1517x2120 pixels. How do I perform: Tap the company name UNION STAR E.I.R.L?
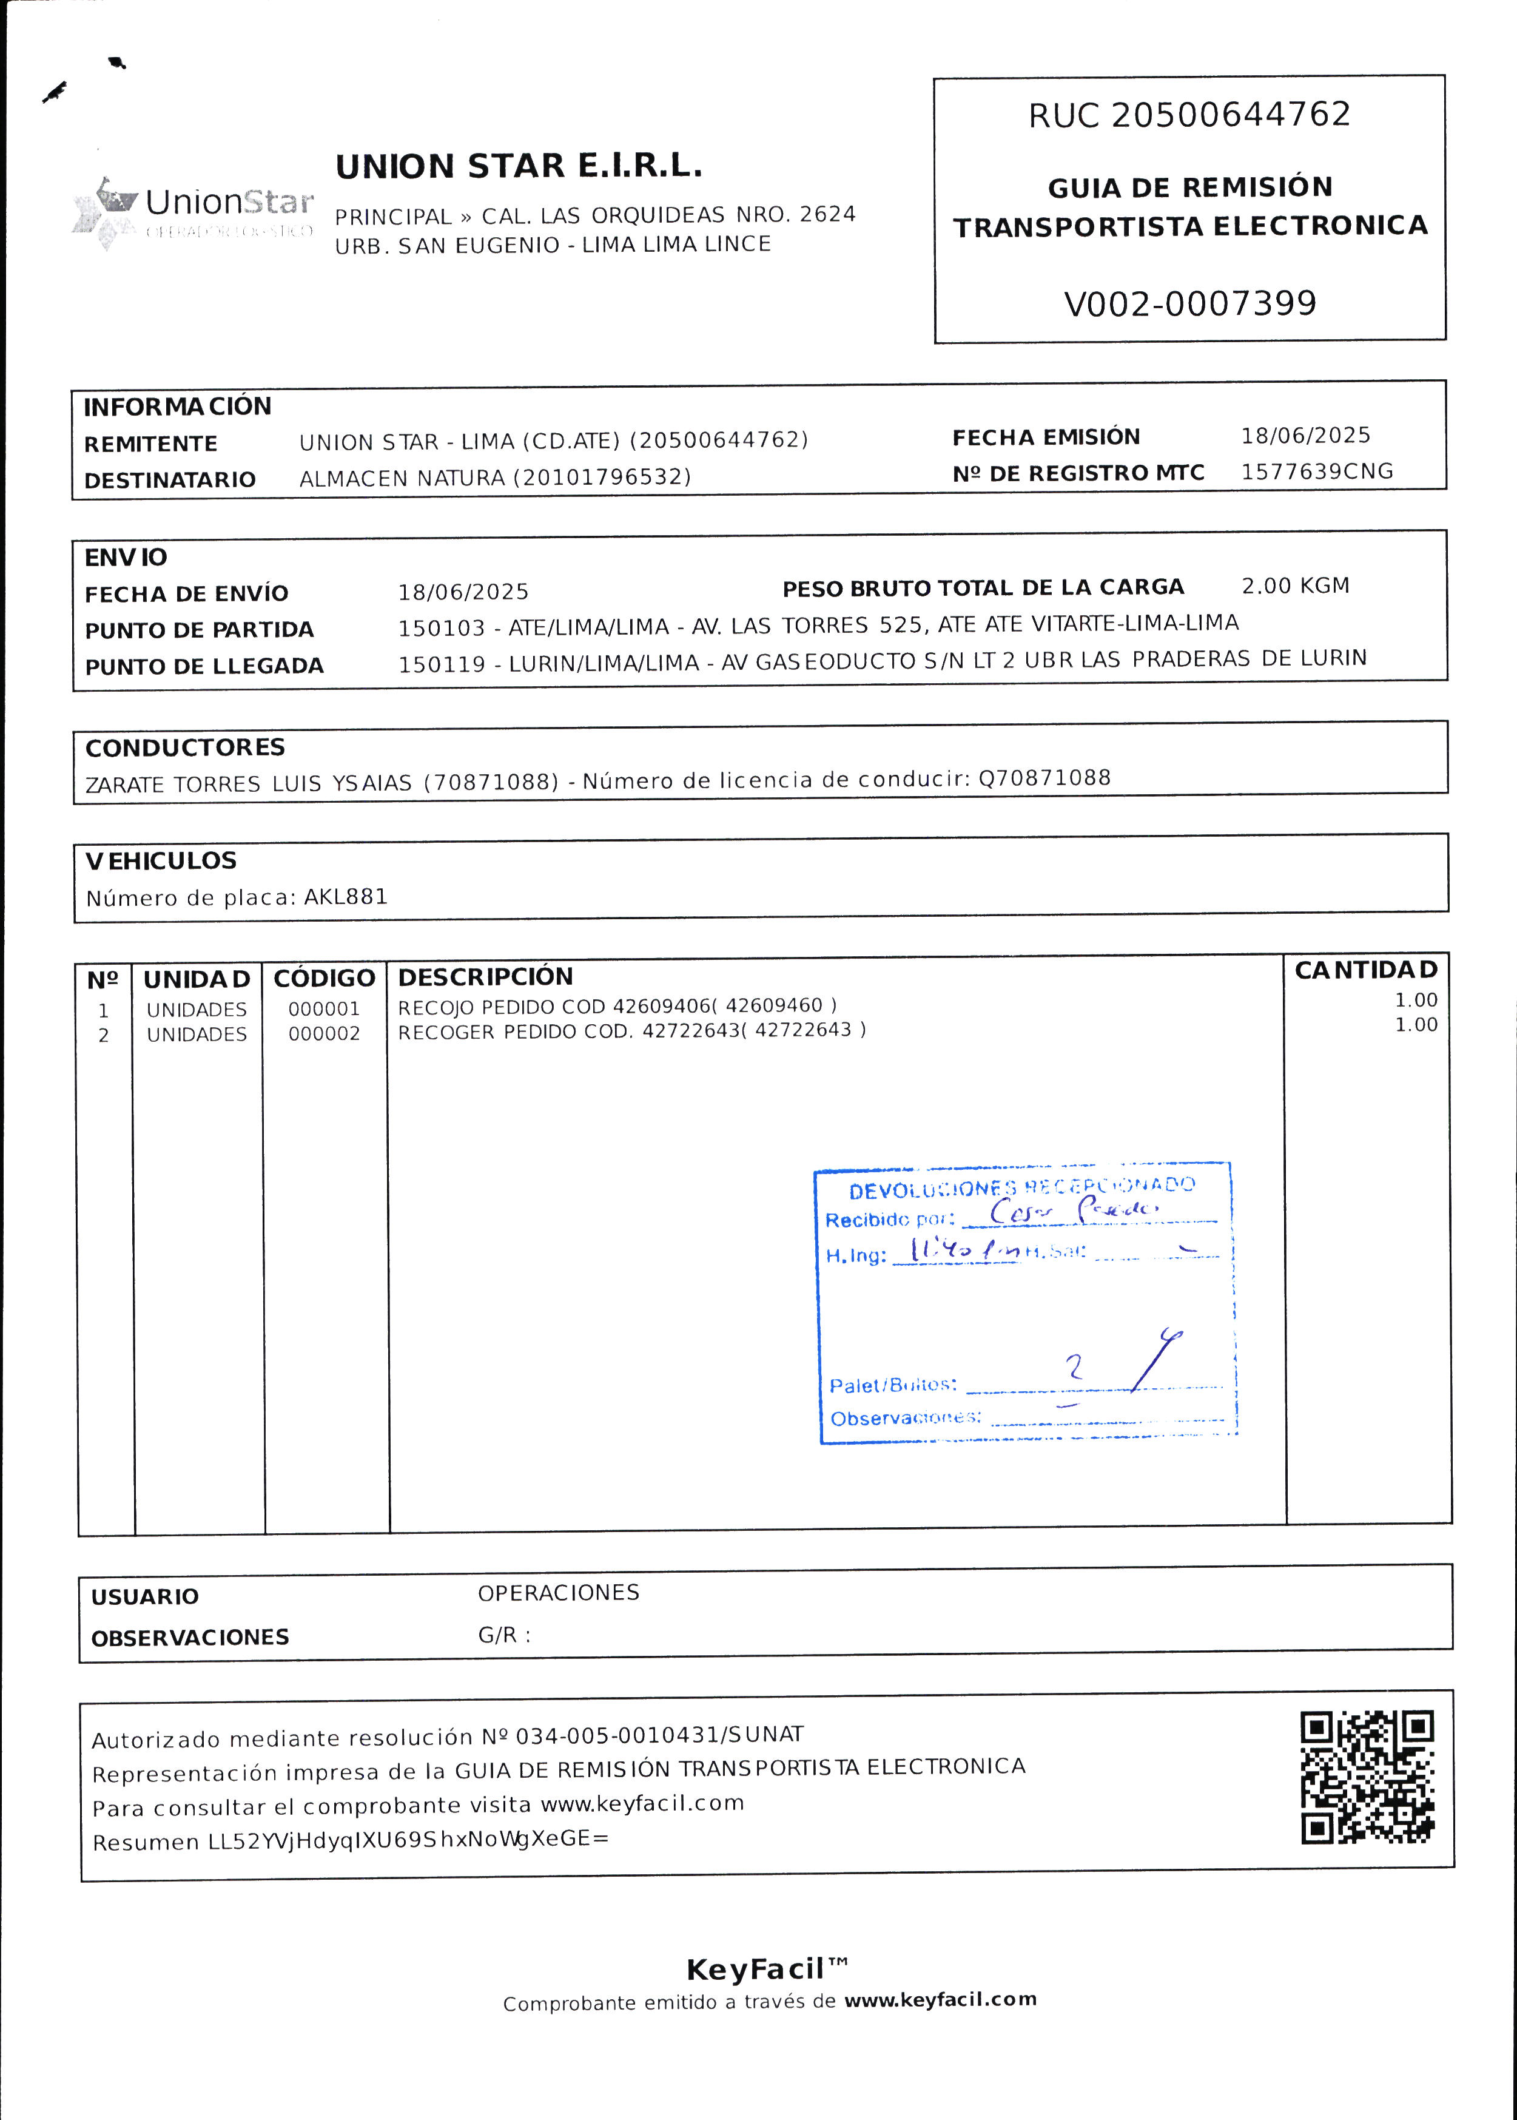tap(519, 166)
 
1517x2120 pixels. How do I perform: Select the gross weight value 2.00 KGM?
tap(1294, 586)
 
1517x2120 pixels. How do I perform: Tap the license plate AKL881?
tap(346, 897)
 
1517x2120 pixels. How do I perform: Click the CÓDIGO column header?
tap(324, 978)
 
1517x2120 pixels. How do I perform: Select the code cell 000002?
tap(324, 1033)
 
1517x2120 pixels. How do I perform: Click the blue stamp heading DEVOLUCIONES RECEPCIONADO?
tap(1021, 1187)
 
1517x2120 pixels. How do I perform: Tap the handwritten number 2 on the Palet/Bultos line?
tap(1074, 1368)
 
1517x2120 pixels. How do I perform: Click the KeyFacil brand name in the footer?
tap(756, 1970)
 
